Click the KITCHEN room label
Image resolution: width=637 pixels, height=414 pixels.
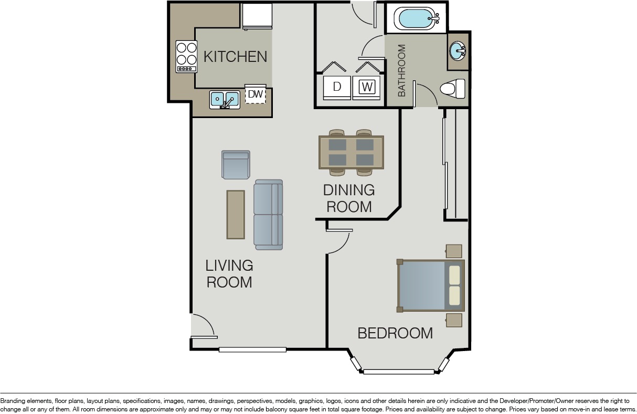click(x=235, y=57)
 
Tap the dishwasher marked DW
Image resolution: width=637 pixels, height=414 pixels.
click(x=255, y=94)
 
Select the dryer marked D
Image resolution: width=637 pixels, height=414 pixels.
click(x=337, y=87)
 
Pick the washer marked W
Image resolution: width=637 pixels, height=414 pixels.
click(x=367, y=87)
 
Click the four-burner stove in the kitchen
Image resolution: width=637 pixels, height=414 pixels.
click(x=186, y=56)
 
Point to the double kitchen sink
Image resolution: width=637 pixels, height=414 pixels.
click(x=225, y=99)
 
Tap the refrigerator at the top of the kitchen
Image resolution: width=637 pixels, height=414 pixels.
click(x=257, y=16)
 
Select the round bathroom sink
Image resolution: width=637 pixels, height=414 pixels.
click(x=458, y=51)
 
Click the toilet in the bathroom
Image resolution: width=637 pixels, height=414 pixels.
click(x=452, y=88)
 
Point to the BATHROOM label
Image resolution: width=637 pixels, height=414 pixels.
click(x=402, y=70)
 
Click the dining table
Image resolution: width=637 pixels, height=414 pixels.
click(x=351, y=152)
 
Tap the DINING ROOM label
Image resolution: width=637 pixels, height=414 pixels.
click(x=349, y=198)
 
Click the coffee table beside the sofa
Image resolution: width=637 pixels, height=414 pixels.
click(x=236, y=214)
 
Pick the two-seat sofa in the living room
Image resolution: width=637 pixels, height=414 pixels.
click(x=268, y=214)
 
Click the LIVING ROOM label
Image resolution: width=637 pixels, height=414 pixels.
click(x=229, y=273)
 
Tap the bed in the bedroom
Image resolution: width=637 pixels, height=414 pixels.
click(x=430, y=285)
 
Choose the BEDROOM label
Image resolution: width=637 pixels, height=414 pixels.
click(x=395, y=333)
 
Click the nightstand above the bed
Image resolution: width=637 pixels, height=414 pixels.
click(x=454, y=251)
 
